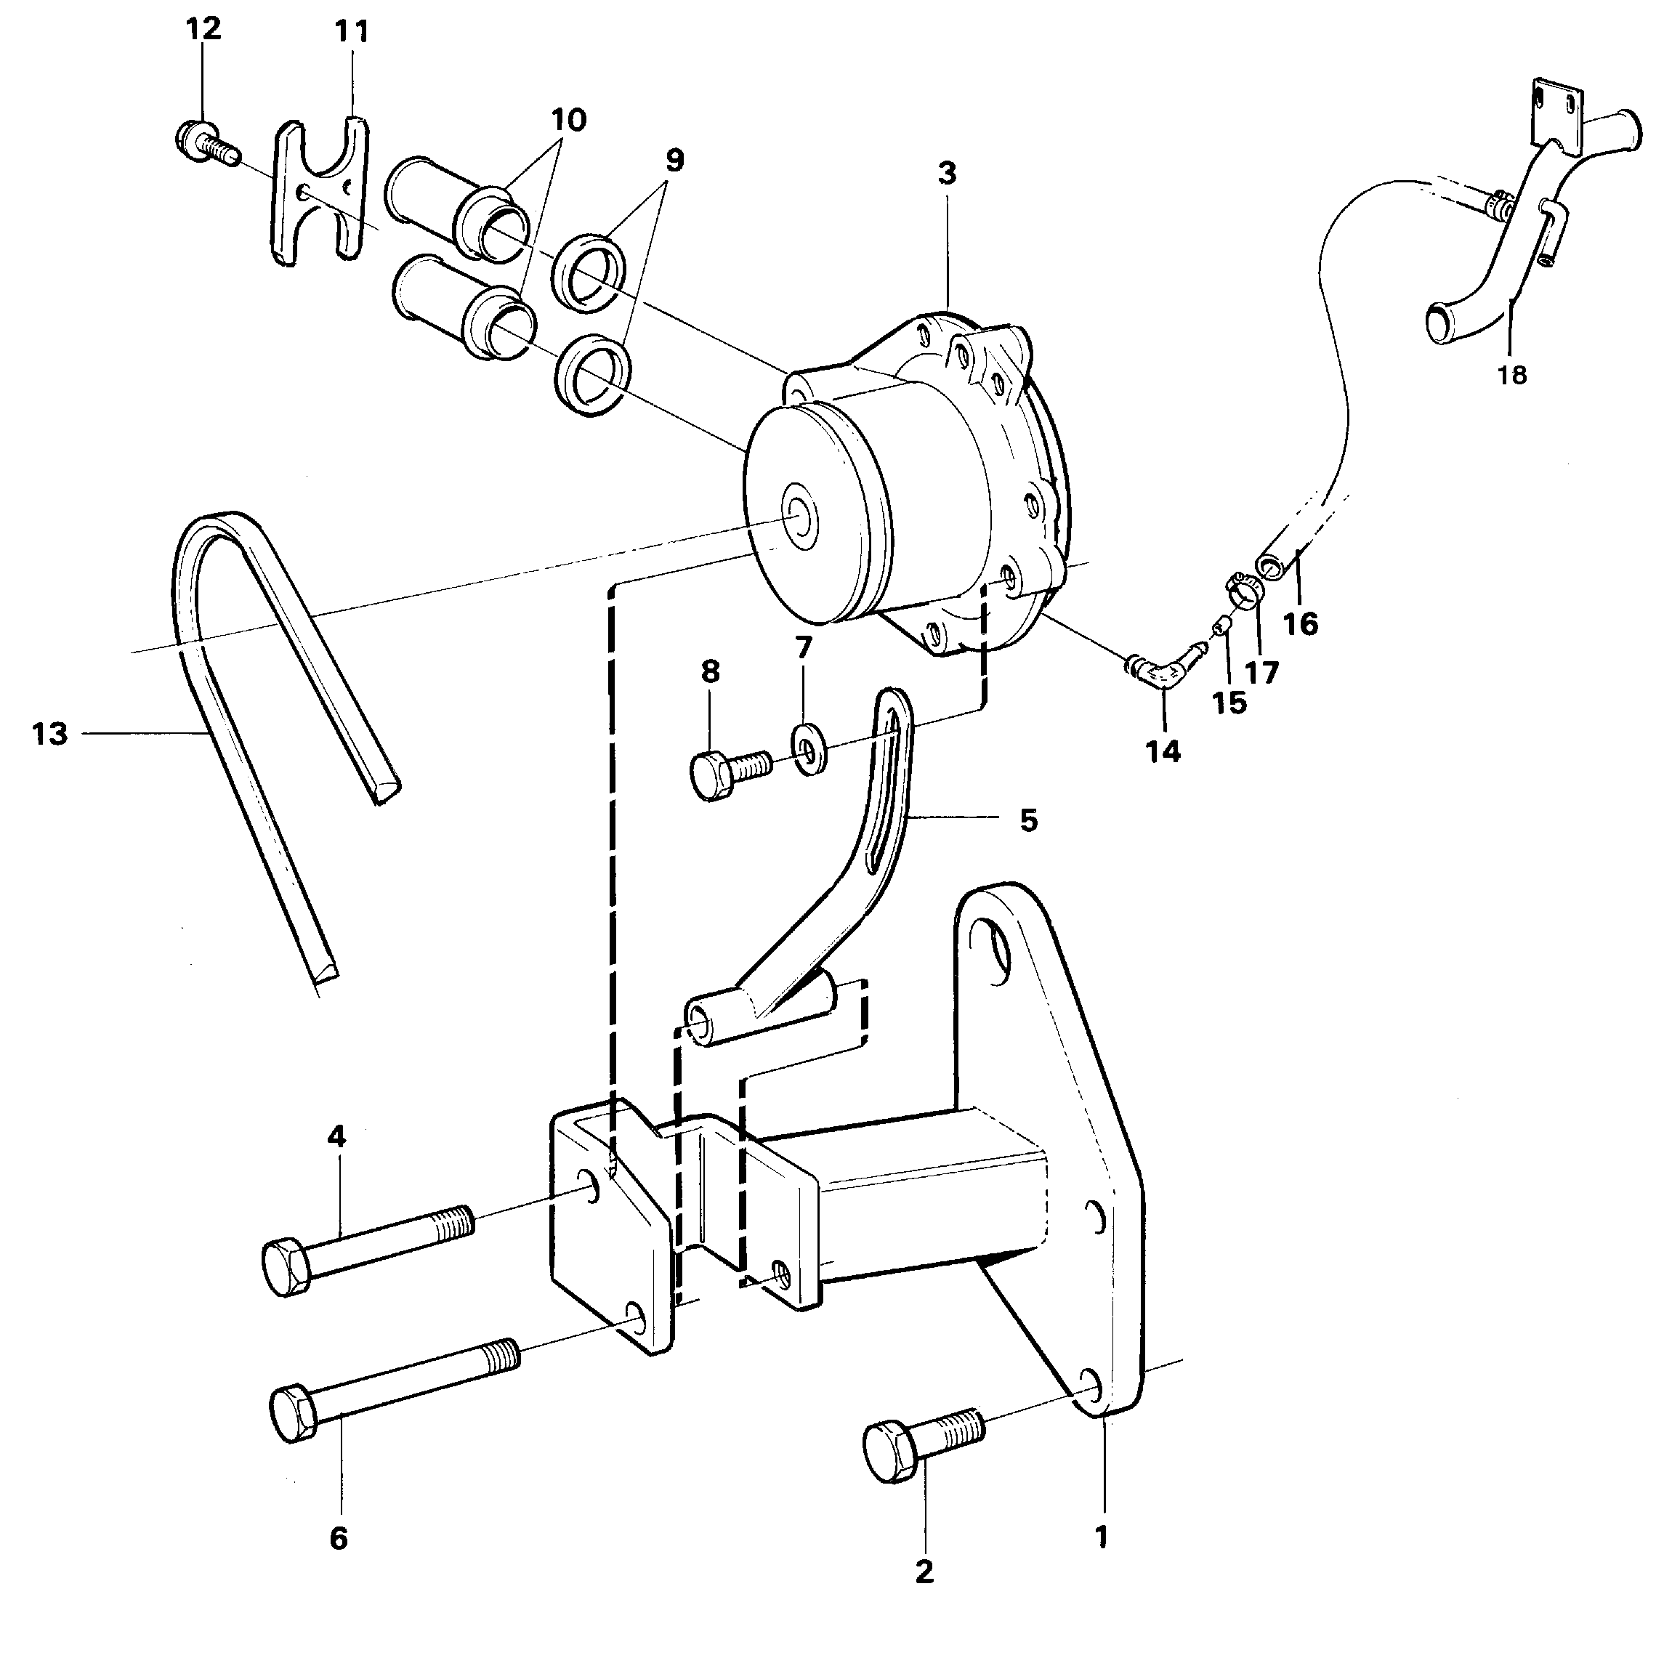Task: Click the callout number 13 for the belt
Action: click(x=50, y=735)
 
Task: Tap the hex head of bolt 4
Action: click(x=287, y=1267)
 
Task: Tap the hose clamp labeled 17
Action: click(x=1242, y=591)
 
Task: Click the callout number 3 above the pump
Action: click(x=947, y=173)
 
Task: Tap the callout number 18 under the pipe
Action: click(x=1511, y=375)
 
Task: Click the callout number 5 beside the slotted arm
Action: click(x=1028, y=820)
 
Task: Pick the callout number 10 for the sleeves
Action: click(x=568, y=120)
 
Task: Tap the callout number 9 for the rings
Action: click(x=674, y=160)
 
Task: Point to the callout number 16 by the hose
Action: click(x=1301, y=623)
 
